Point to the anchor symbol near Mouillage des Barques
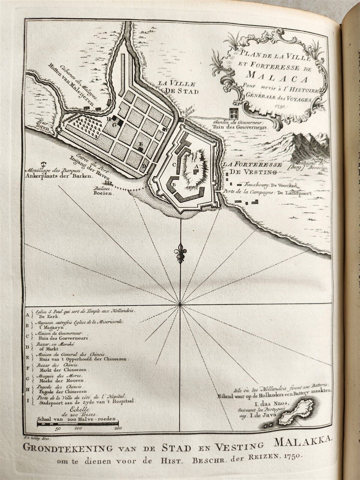point(43,163)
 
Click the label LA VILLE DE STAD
point(183,88)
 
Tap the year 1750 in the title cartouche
point(281,106)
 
